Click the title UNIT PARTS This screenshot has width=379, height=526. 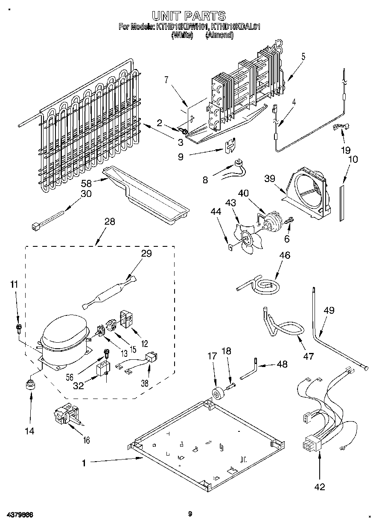[189, 16]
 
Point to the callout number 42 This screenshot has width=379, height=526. [319, 487]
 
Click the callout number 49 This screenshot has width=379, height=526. [329, 311]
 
